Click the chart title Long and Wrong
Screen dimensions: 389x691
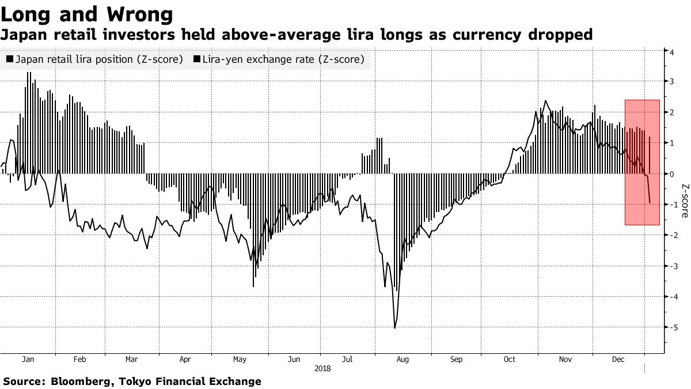point(87,14)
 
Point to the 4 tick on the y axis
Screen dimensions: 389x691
point(671,51)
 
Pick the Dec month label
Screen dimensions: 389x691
point(617,359)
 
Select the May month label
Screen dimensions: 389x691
point(240,359)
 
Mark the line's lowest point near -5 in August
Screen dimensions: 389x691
point(394,328)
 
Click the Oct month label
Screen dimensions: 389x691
point(510,359)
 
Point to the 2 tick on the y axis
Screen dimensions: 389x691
point(671,112)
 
